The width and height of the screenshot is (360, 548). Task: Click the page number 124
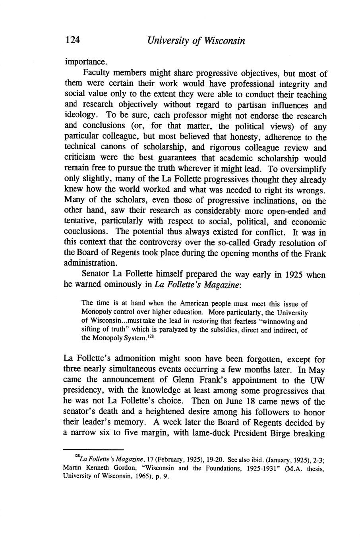(x=73, y=41)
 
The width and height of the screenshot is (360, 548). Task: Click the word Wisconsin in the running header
(x=225, y=41)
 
